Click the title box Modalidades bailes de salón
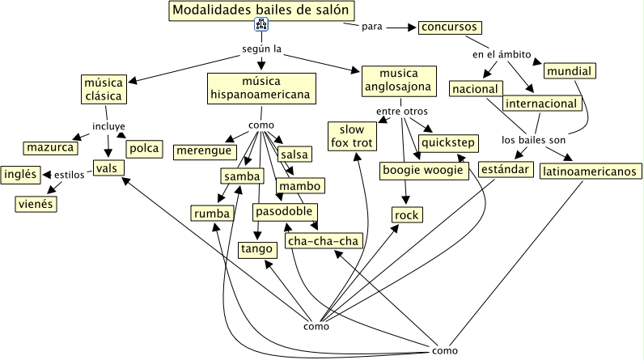click(262, 11)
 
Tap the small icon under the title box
click(261, 26)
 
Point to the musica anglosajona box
click(397, 81)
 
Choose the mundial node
click(569, 71)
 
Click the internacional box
click(541, 104)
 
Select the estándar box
click(506, 170)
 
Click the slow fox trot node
click(353, 136)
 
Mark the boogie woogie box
click(422, 171)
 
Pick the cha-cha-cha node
click(322, 241)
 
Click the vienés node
click(35, 204)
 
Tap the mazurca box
click(50, 148)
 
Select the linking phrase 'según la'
click(261, 49)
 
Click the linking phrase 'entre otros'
click(401, 111)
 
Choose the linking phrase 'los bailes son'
click(533, 138)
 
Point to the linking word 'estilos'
click(69, 174)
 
